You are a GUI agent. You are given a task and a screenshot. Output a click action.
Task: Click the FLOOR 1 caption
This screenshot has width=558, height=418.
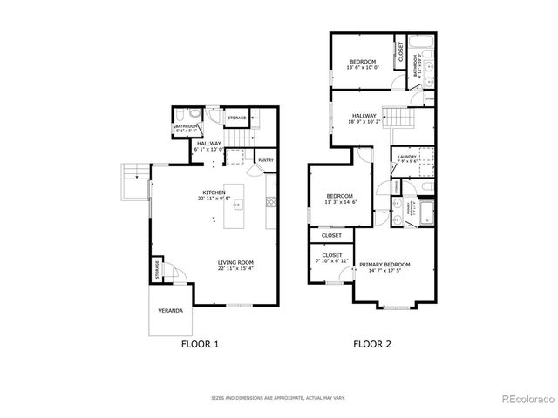tap(199, 344)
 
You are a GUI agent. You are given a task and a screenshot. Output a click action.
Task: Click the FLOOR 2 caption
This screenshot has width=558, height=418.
tap(372, 344)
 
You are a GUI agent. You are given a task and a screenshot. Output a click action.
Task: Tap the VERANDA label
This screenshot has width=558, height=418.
tap(170, 310)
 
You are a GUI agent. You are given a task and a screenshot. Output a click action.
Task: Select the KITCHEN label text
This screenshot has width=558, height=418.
tap(214, 192)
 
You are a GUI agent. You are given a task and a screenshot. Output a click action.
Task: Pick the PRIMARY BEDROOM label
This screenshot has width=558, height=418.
tap(384, 265)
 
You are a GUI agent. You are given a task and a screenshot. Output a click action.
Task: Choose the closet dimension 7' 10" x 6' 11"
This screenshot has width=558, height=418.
tap(332, 261)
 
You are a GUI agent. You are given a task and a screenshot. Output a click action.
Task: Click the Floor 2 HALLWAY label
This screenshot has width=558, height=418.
tap(364, 115)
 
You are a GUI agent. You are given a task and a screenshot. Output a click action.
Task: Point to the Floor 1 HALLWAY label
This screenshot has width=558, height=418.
tap(209, 144)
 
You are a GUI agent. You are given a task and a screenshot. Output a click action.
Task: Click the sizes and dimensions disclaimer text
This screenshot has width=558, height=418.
tap(279, 398)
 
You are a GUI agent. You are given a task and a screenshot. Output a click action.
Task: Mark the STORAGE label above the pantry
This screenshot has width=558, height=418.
tap(236, 118)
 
